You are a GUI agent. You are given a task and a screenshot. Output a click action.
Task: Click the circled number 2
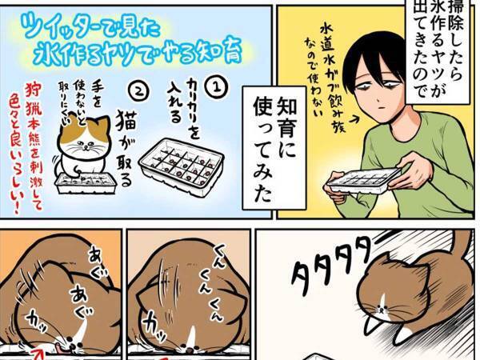pos(142,90)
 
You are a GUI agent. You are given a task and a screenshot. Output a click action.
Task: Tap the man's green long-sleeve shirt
pos(424,160)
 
